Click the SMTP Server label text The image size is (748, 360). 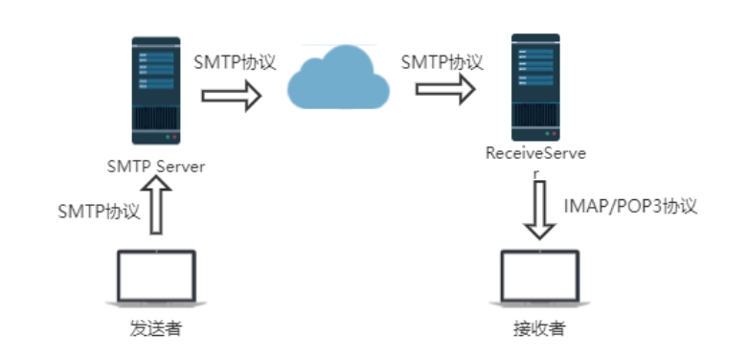pos(156,166)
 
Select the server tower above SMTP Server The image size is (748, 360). pos(156,91)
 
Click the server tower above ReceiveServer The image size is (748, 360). pos(534,86)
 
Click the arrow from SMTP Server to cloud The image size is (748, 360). pos(231,96)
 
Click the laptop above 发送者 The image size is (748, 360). pos(156,277)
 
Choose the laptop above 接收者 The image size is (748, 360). pos(539,277)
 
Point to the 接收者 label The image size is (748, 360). pos(539,330)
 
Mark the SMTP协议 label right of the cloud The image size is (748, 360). pos(442,62)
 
